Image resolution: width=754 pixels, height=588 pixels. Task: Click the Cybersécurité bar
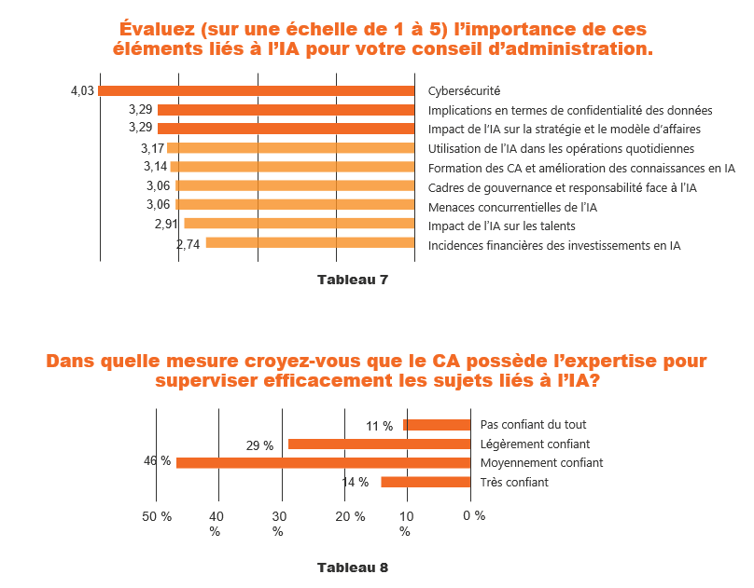point(257,90)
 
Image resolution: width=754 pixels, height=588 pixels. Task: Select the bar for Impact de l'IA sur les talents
point(300,224)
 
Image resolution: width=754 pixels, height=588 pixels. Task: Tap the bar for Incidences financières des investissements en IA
point(310,242)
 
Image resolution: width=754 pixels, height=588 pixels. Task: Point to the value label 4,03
point(82,90)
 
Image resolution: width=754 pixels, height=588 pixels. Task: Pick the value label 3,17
point(152,148)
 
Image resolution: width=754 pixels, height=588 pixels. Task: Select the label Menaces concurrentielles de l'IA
point(512,206)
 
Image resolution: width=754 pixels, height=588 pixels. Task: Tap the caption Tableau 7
point(352,280)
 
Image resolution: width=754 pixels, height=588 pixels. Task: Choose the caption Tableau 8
point(352,567)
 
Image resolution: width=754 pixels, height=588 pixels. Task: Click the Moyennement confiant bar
point(323,462)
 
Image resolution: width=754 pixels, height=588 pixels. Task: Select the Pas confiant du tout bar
point(437,425)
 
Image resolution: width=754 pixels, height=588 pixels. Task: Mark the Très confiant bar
point(426,482)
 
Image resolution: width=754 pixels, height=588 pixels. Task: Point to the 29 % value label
point(259,445)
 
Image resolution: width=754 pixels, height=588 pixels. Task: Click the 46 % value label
point(157,461)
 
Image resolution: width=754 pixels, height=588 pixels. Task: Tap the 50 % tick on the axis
point(157,515)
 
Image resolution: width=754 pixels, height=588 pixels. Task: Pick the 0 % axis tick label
point(474,515)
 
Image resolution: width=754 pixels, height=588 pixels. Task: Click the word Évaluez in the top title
point(164,29)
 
